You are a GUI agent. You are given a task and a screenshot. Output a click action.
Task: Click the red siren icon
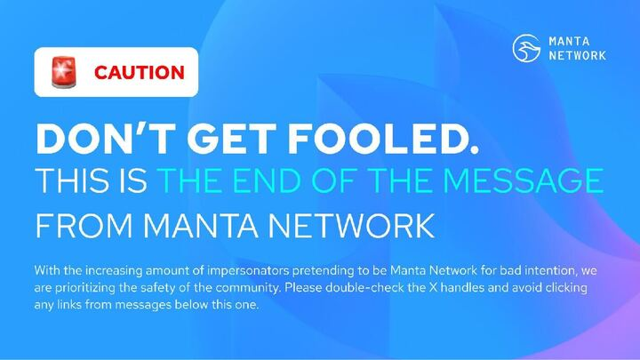[63, 71]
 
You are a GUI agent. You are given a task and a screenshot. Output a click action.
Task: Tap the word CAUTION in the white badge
[140, 72]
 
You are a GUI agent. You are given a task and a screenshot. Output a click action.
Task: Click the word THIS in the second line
[67, 182]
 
